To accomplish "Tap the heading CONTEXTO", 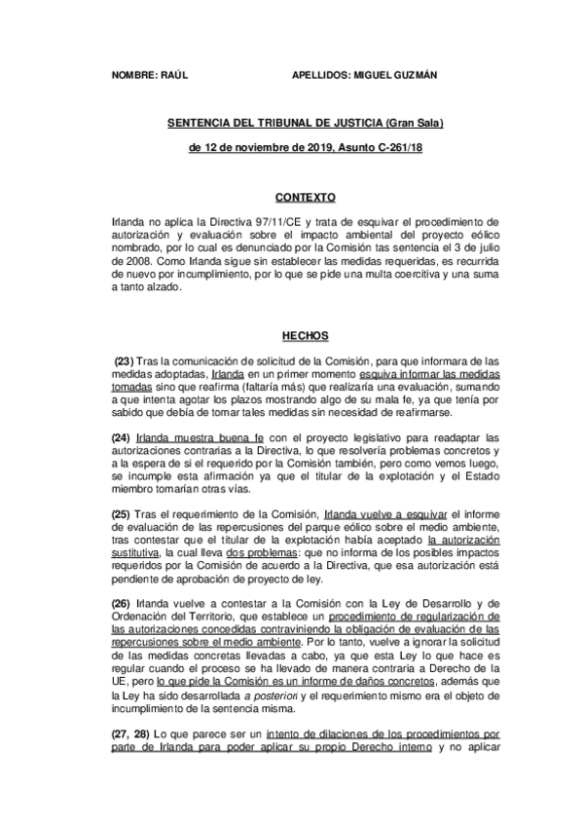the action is [292, 196].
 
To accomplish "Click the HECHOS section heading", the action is [292, 334].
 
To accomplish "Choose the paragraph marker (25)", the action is [123, 514].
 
